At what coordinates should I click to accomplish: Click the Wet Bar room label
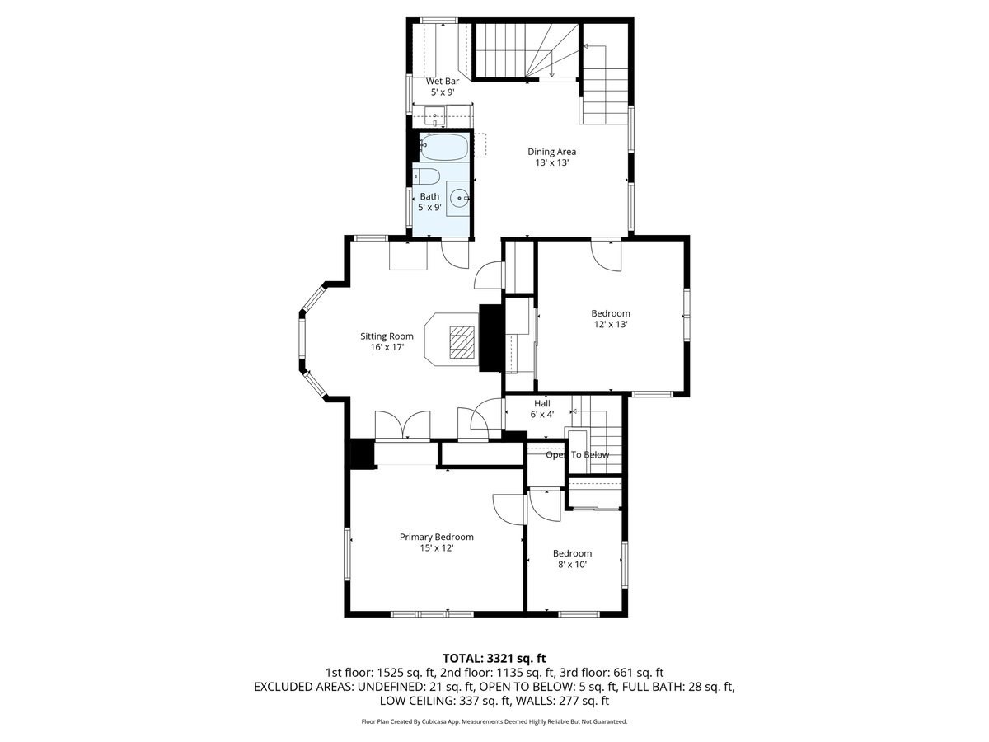pyautogui.click(x=442, y=82)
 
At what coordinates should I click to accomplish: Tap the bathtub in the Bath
pyautogui.click(x=444, y=148)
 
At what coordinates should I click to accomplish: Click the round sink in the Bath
pyautogui.click(x=460, y=198)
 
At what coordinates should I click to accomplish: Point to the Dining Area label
pyautogui.click(x=551, y=152)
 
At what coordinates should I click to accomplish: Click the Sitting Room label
pyautogui.click(x=387, y=336)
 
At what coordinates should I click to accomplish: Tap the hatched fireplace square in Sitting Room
pyautogui.click(x=462, y=340)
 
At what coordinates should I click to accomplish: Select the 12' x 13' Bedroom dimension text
pyautogui.click(x=610, y=325)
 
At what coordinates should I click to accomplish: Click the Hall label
pyautogui.click(x=541, y=403)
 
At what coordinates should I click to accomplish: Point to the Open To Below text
pyautogui.click(x=577, y=454)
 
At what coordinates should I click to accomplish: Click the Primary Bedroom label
pyautogui.click(x=436, y=537)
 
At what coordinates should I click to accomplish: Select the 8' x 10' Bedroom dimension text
pyautogui.click(x=572, y=565)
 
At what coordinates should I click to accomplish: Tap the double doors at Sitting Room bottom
pyautogui.click(x=402, y=425)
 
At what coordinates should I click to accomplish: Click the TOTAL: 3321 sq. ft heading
pyautogui.click(x=494, y=658)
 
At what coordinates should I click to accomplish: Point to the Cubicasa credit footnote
pyautogui.click(x=494, y=721)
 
